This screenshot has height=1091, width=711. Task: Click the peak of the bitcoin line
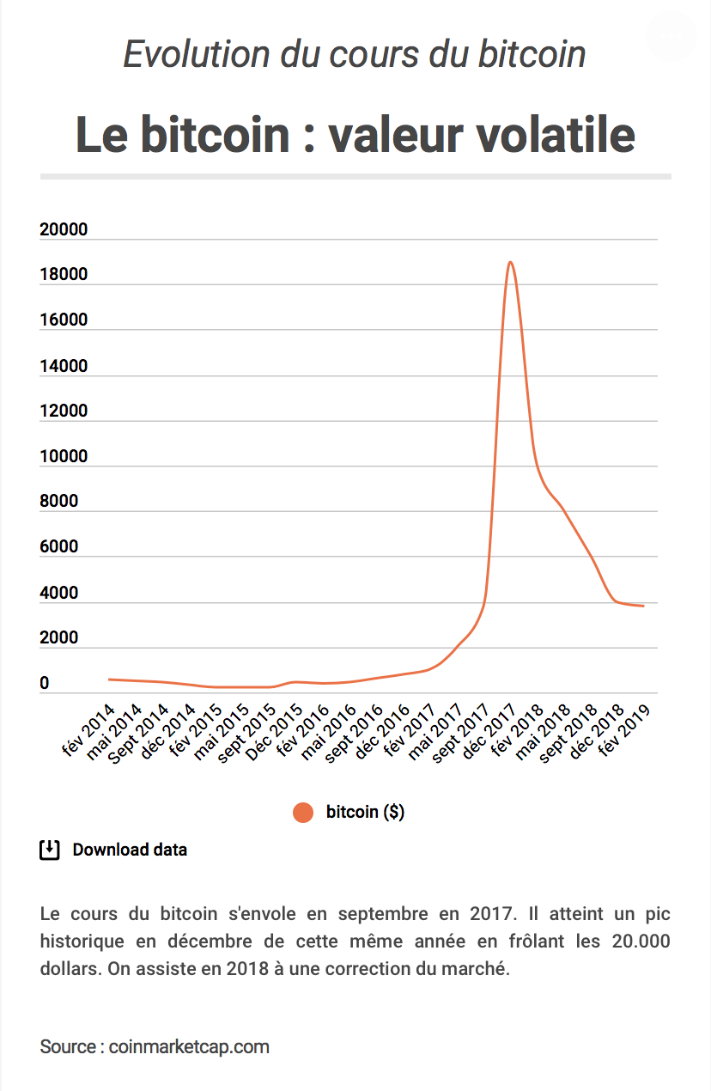click(511, 262)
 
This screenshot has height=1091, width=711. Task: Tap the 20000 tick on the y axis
click(64, 229)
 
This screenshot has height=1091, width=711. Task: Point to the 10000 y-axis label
click(64, 456)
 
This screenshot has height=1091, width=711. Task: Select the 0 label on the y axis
click(45, 684)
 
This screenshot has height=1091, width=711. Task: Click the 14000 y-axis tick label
click(64, 366)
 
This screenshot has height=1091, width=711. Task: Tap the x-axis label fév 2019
click(624, 729)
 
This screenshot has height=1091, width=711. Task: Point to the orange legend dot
click(303, 812)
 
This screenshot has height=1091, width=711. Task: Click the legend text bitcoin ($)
click(365, 812)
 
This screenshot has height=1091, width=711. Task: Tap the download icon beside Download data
click(50, 850)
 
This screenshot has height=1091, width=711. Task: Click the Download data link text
click(130, 850)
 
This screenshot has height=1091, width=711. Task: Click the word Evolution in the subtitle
click(197, 55)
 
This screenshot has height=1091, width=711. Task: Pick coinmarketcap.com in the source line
click(189, 1046)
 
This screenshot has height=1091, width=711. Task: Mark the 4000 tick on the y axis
click(58, 593)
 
